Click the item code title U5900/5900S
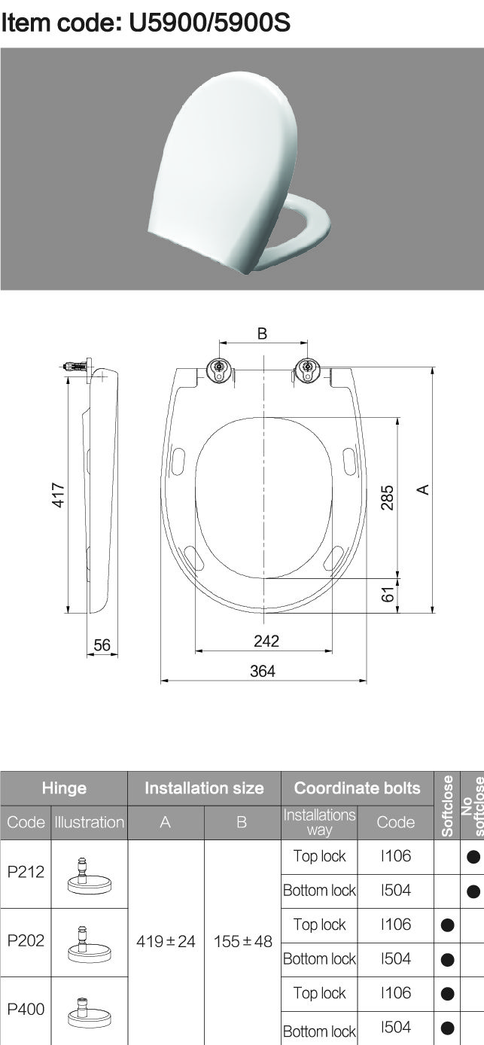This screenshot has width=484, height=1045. click(x=145, y=23)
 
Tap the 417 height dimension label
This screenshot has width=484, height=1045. click(x=58, y=495)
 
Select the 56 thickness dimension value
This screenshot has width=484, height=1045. click(x=102, y=644)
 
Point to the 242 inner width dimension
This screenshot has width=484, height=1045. click(x=266, y=641)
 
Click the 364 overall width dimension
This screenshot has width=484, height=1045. click(x=263, y=671)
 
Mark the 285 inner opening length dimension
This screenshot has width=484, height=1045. click(x=387, y=498)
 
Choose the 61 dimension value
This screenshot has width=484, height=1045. click(x=388, y=594)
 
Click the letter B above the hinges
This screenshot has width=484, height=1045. click(x=262, y=334)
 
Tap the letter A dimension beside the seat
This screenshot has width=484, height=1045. click(x=422, y=489)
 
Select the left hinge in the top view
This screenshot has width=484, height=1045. click(x=218, y=370)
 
